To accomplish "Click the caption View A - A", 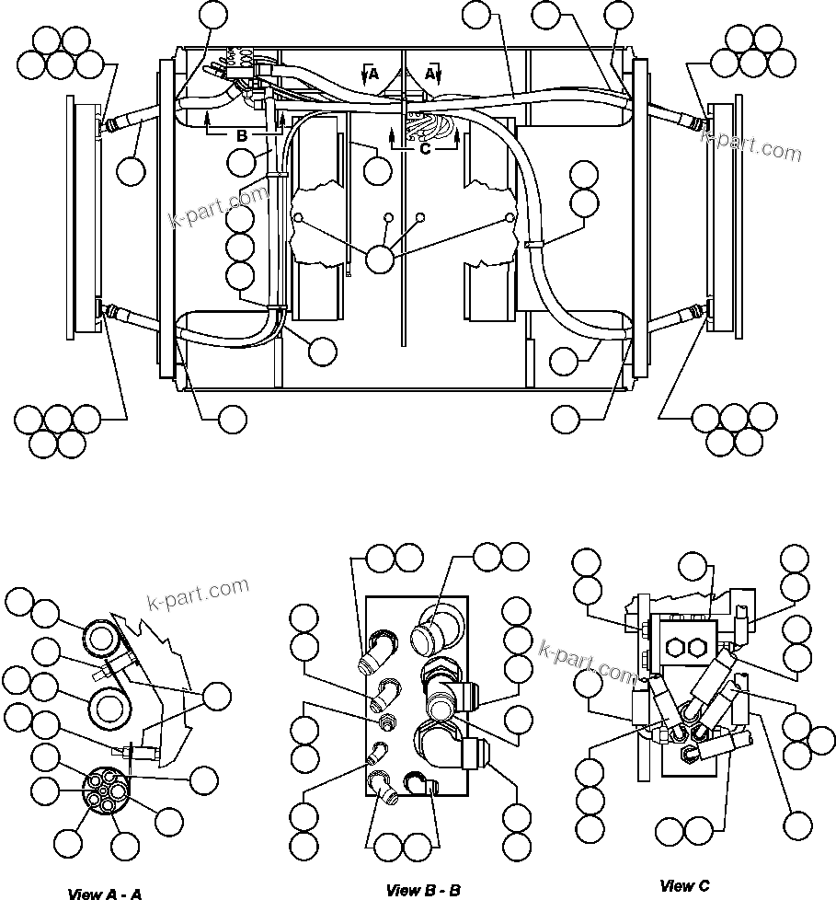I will (x=104, y=894).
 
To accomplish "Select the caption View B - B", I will (x=423, y=890).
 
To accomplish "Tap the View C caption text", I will (x=685, y=886).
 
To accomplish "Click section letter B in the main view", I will (x=242, y=135).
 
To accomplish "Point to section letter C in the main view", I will (x=425, y=146).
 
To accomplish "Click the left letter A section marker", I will (x=373, y=75).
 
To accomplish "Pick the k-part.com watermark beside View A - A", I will (x=198, y=594).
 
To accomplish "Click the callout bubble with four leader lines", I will (x=379, y=260).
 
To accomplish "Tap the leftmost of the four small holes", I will (x=299, y=217).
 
